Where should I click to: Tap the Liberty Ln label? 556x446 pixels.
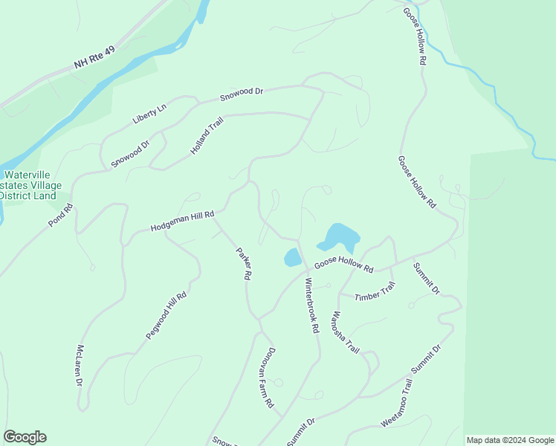click(149, 114)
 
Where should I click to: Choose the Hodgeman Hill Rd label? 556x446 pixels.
click(182, 221)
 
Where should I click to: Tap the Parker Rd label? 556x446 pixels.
click(243, 263)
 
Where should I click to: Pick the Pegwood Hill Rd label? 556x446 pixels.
click(166, 316)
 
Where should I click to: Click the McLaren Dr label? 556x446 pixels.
click(79, 365)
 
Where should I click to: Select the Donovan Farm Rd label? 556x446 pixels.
click(268, 380)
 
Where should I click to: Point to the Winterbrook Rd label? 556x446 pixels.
click(311, 305)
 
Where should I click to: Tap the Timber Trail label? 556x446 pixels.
click(375, 292)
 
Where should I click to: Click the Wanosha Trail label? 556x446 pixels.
click(346, 332)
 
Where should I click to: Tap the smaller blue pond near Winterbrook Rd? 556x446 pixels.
click(292, 258)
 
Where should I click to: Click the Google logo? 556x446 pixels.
click(25, 437)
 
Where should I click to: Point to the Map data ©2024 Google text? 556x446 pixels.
click(509, 440)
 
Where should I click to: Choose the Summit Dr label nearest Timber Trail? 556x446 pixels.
click(427, 279)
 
